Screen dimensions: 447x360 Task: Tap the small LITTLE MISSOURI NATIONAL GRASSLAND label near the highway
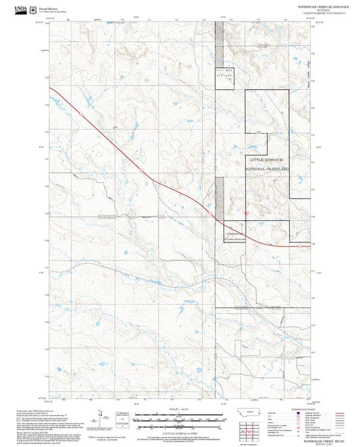[x=233, y=236]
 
